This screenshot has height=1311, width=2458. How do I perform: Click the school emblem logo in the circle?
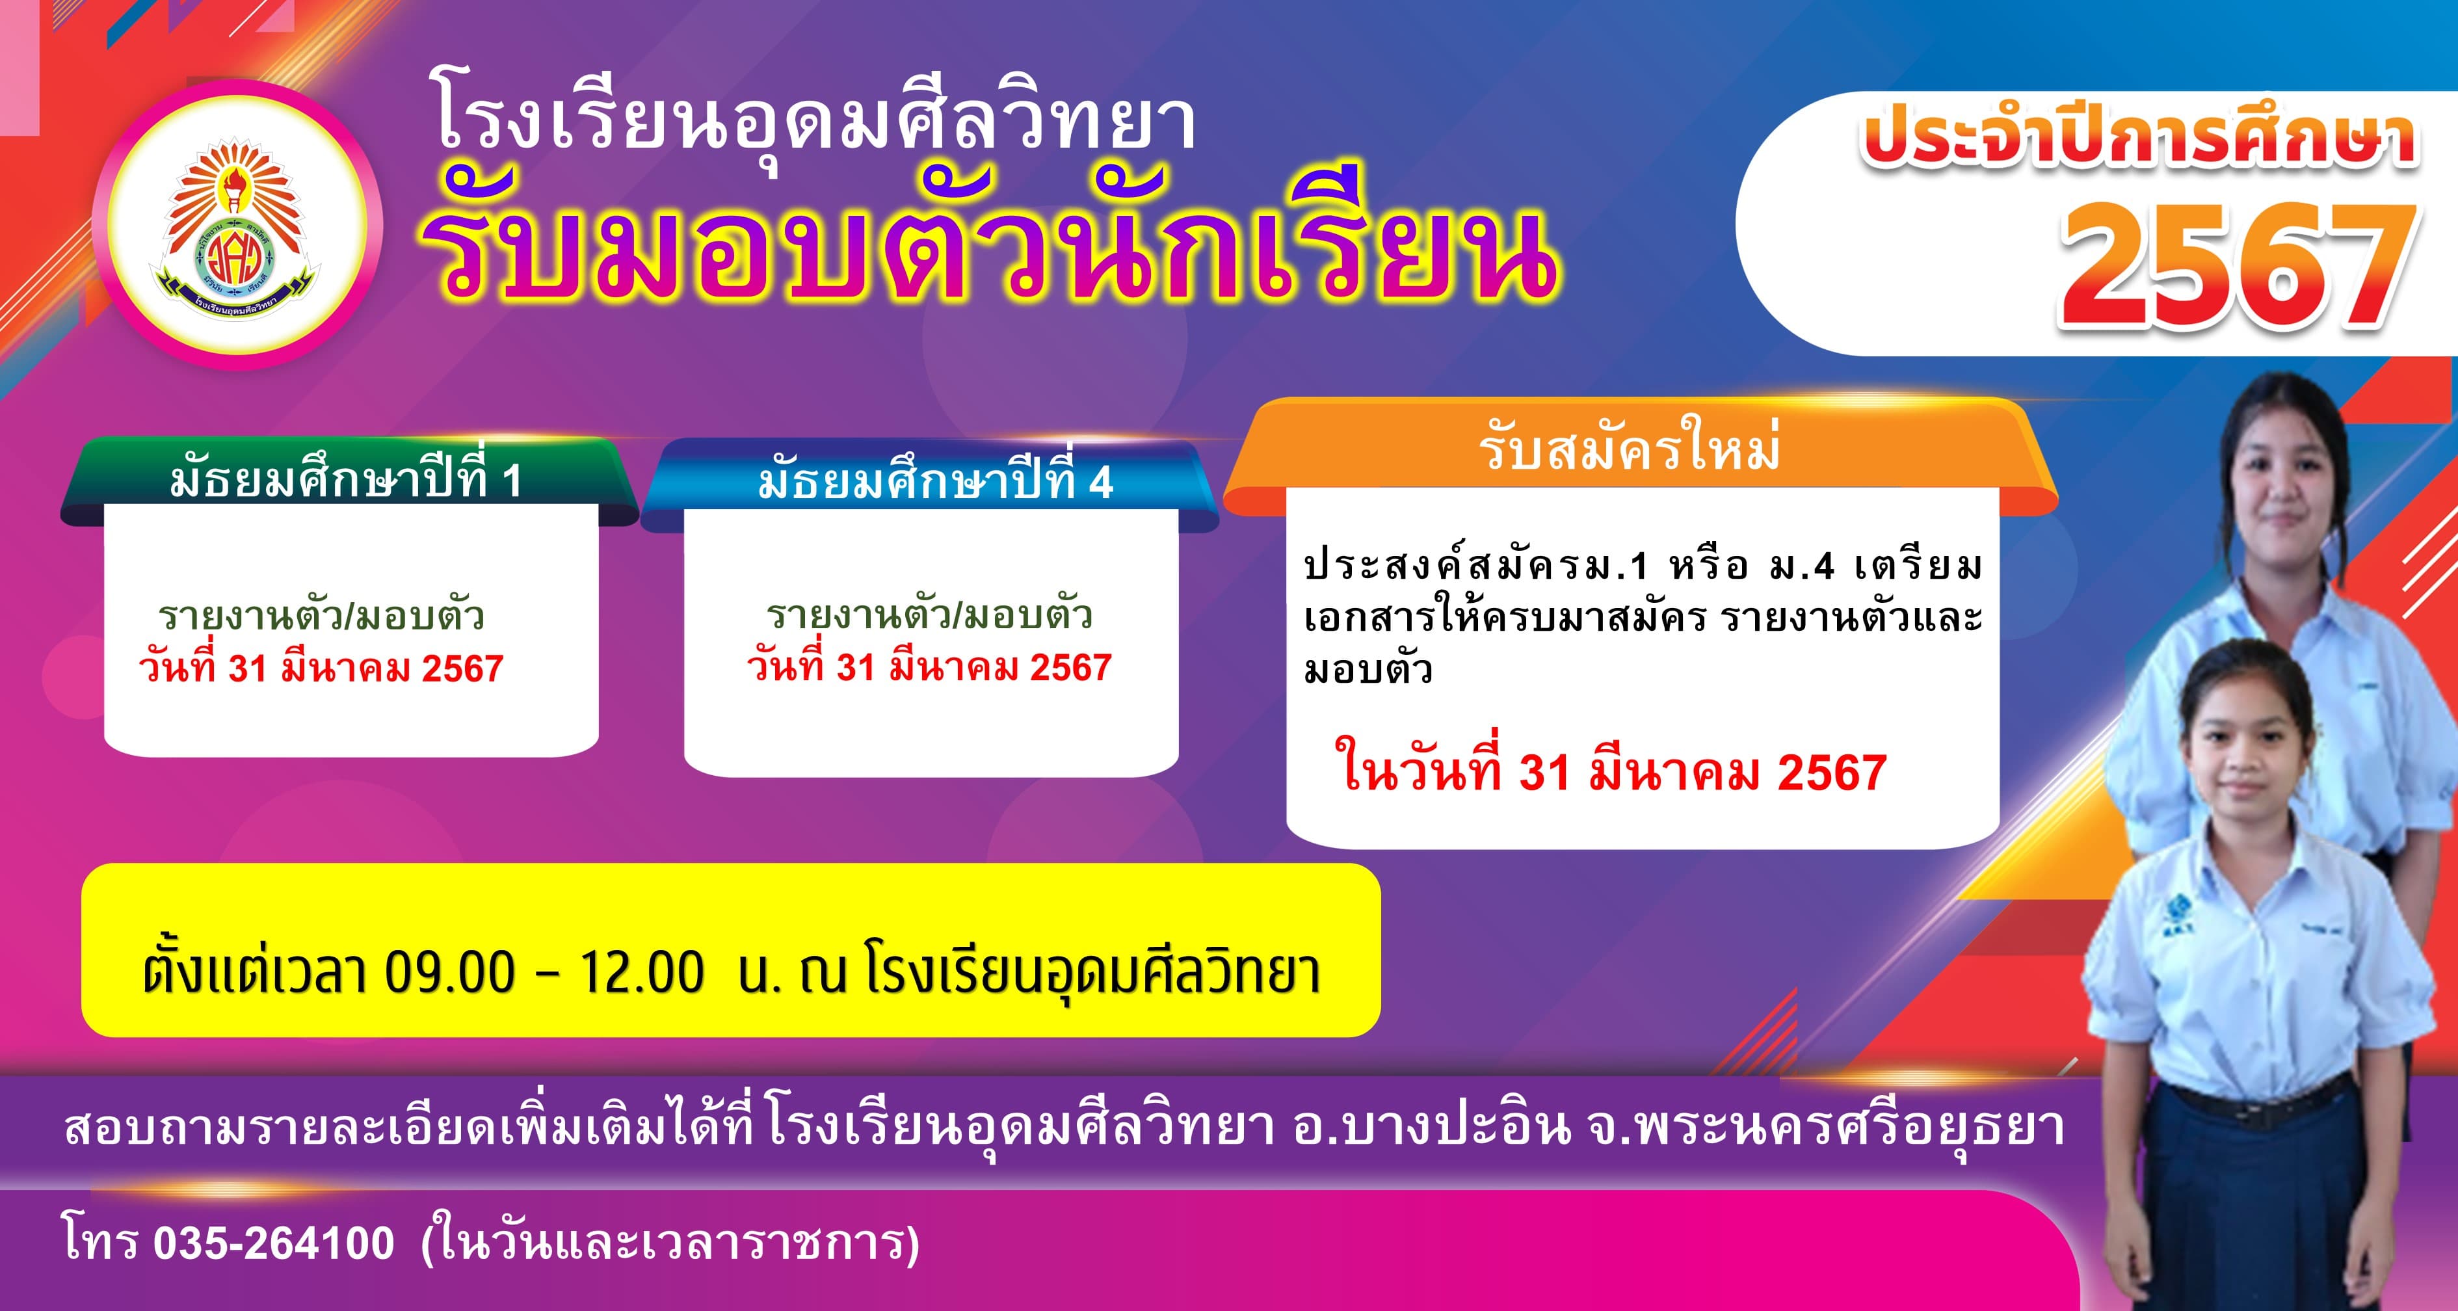234,226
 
